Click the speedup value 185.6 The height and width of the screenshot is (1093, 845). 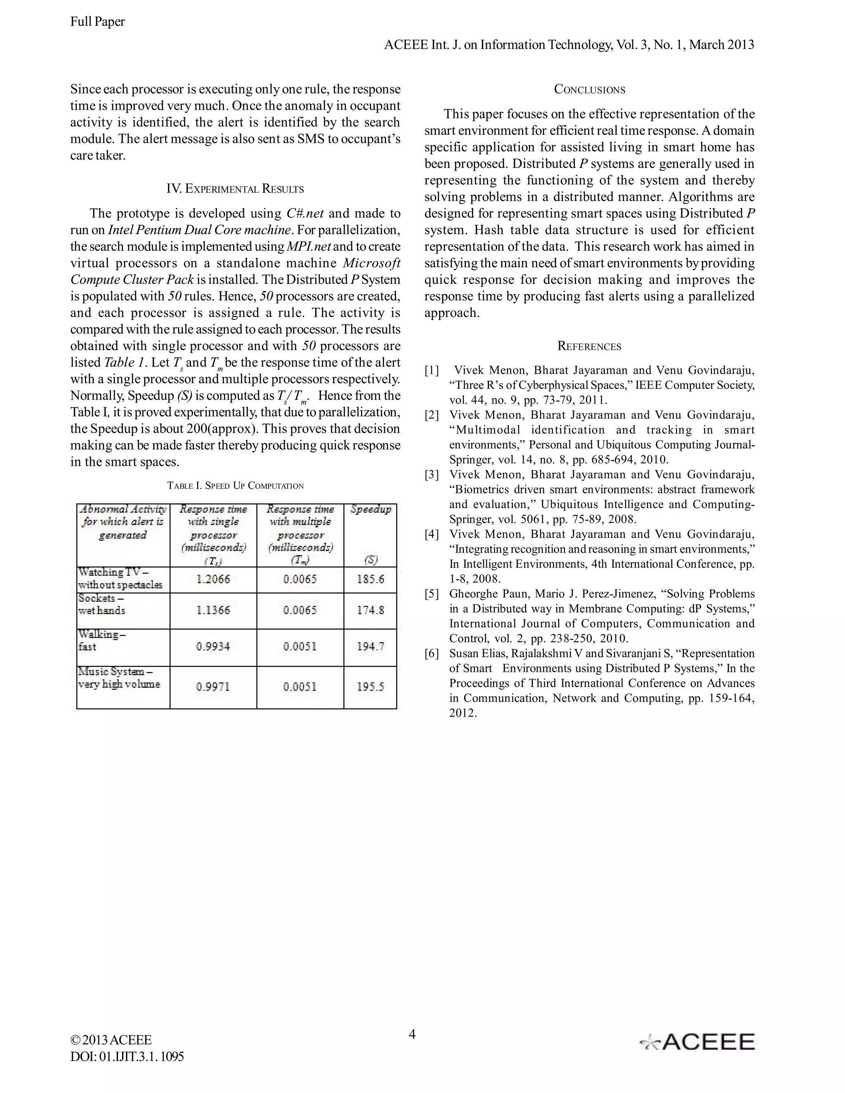point(371,579)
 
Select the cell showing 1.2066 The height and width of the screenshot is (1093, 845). point(213,579)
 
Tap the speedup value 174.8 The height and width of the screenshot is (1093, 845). point(371,610)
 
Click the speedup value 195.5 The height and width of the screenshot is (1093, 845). point(371,686)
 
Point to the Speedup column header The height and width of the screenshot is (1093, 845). point(371,509)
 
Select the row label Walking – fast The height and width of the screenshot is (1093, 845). point(102,640)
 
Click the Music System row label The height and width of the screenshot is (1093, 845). point(119,678)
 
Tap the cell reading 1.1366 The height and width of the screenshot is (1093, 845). point(213,610)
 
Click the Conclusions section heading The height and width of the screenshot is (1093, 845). point(589,90)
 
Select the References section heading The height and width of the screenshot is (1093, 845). point(589,346)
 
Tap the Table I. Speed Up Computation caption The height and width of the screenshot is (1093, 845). point(235,485)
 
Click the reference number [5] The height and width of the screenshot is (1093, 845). point(432,594)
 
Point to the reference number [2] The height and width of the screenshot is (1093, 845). point(432,415)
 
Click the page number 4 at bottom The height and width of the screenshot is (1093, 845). point(412,1034)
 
